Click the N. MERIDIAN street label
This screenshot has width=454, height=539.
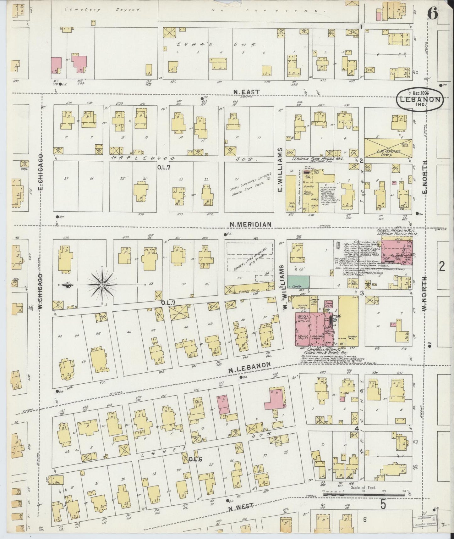point(250,224)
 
